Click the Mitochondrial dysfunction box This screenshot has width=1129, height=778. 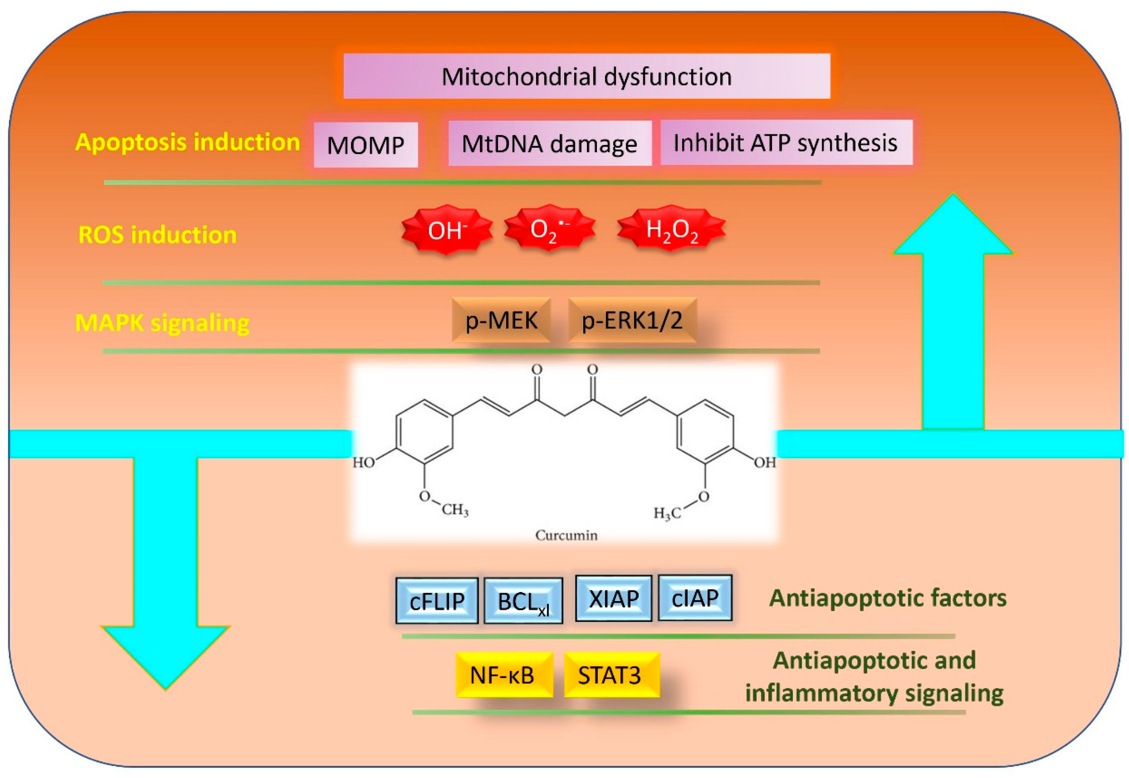coord(586,77)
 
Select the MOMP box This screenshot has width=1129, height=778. coord(366,145)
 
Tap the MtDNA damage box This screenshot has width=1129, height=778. coord(550,143)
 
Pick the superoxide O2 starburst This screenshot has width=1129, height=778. coord(550,228)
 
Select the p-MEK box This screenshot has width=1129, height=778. coord(501,320)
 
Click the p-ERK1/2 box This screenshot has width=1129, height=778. coord(632,320)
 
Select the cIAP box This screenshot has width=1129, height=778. coord(695,598)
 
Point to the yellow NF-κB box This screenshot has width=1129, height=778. coord(504,675)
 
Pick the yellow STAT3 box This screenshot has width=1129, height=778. coord(611,675)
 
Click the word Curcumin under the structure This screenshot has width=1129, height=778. coord(566,535)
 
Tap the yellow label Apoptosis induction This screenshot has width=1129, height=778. coord(187,142)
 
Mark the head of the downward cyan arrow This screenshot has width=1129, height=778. coord(165,656)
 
